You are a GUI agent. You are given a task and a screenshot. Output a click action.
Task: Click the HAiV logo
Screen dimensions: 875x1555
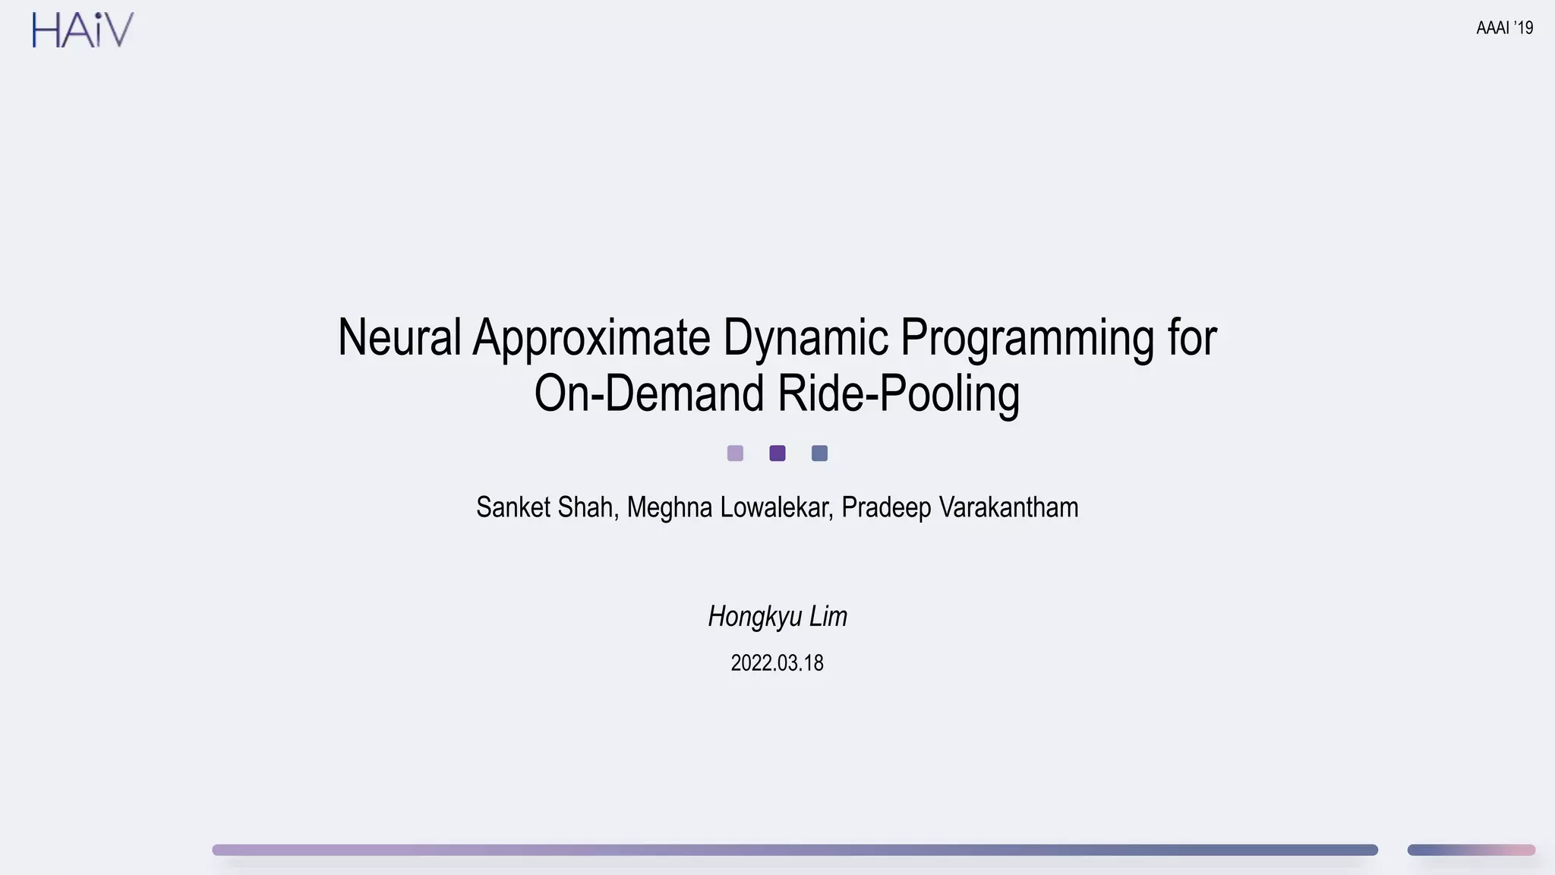83,30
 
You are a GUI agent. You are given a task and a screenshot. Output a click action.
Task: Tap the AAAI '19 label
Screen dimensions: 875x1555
1504,28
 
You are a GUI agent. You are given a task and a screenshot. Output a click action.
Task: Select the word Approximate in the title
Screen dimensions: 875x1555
591,338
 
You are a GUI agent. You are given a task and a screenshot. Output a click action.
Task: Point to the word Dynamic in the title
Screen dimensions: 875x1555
805,338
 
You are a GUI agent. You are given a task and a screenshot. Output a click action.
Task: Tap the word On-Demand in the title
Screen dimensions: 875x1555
649,393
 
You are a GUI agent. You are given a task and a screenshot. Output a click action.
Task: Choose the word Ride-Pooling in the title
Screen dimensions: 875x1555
898,394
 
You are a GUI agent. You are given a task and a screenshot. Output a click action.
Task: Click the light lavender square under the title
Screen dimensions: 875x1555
735,453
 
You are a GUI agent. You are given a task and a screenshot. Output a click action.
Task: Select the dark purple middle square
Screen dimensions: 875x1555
777,453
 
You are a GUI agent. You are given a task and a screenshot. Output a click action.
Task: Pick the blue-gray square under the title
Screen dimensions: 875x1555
819,453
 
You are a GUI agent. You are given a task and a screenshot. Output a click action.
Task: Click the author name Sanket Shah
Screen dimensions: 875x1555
545,507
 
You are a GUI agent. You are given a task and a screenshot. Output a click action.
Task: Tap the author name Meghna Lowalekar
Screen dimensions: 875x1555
730,507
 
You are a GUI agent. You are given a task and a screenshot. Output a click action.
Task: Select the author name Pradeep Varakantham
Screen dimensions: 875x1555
960,507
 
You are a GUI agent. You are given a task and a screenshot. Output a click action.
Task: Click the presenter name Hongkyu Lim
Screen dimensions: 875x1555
777,616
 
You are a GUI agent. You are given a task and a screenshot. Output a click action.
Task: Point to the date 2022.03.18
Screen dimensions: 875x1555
777,663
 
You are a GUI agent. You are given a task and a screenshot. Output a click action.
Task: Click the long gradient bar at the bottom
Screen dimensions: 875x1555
794,850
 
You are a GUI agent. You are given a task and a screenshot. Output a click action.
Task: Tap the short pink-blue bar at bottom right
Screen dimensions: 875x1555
1471,850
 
